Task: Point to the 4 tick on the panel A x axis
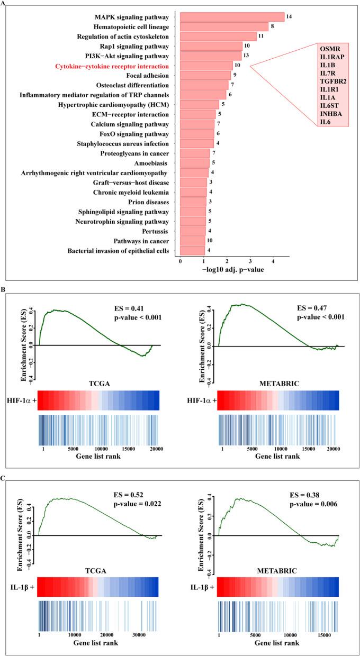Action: click(x=273, y=261)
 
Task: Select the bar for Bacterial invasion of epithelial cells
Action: click(x=192, y=250)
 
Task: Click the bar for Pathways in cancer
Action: click(x=193, y=241)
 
